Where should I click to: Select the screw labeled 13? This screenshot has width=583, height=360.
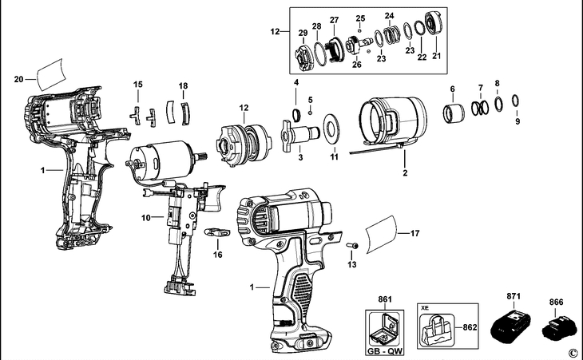pos(351,245)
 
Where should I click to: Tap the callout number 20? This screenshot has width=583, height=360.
pos(18,79)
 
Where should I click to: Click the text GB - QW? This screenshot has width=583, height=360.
pos(384,351)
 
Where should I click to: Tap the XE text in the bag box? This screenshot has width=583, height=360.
pos(425,308)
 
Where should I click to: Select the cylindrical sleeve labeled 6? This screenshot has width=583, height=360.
pos(454,113)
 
